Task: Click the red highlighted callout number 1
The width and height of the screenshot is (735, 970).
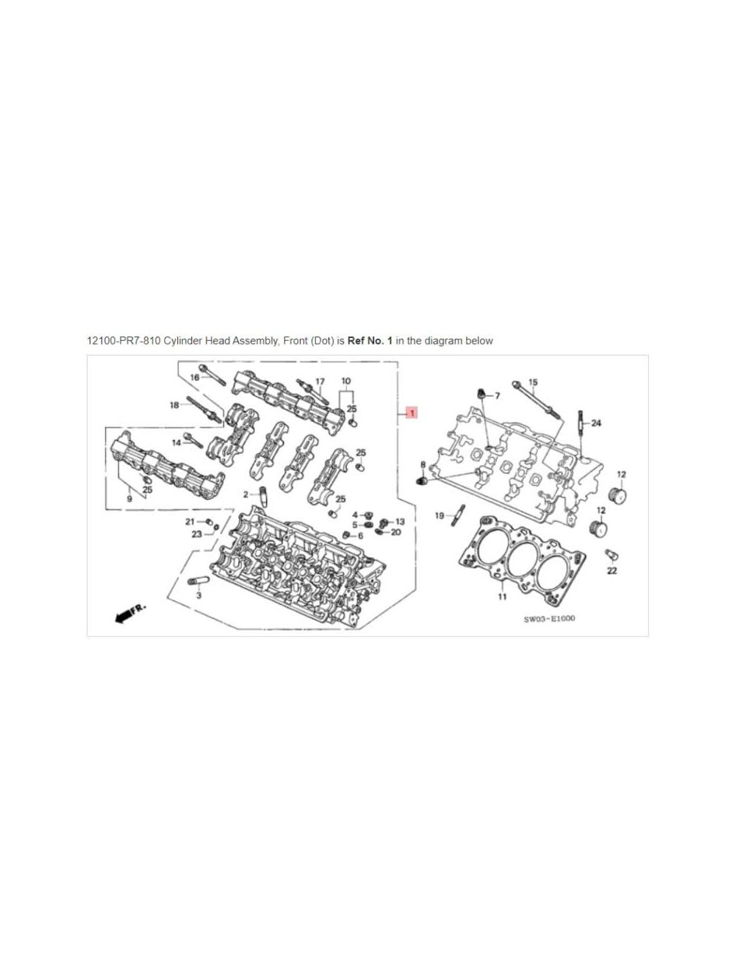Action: [x=411, y=413]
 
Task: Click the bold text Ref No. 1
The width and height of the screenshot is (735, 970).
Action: [x=370, y=341]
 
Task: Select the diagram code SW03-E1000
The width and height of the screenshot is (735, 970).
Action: [x=549, y=618]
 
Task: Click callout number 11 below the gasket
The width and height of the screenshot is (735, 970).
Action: [x=502, y=597]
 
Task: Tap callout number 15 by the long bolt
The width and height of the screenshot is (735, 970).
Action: [x=533, y=382]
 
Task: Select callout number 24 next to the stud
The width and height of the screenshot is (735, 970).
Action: [x=596, y=423]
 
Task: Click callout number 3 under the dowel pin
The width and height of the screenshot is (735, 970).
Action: [x=198, y=595]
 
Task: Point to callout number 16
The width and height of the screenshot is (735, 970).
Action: [x=195, y=377]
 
